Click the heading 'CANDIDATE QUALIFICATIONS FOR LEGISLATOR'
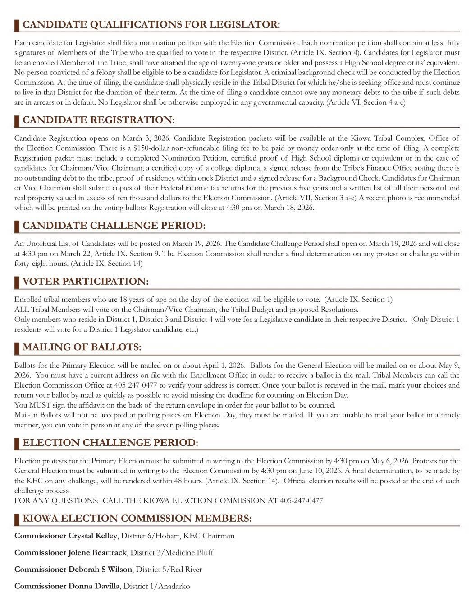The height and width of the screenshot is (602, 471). coord(151,24)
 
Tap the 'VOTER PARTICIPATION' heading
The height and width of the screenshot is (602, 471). coord(85,282)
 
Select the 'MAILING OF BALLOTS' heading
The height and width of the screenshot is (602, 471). coord(82,347)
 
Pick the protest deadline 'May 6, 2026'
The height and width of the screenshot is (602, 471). coord(390,461)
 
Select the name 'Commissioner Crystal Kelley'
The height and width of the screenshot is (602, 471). coord(66,536)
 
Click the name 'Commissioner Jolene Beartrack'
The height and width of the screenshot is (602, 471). coord(70,552)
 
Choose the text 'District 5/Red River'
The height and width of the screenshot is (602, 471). coord(169,569)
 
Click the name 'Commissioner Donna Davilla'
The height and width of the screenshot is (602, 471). coord(67,586)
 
